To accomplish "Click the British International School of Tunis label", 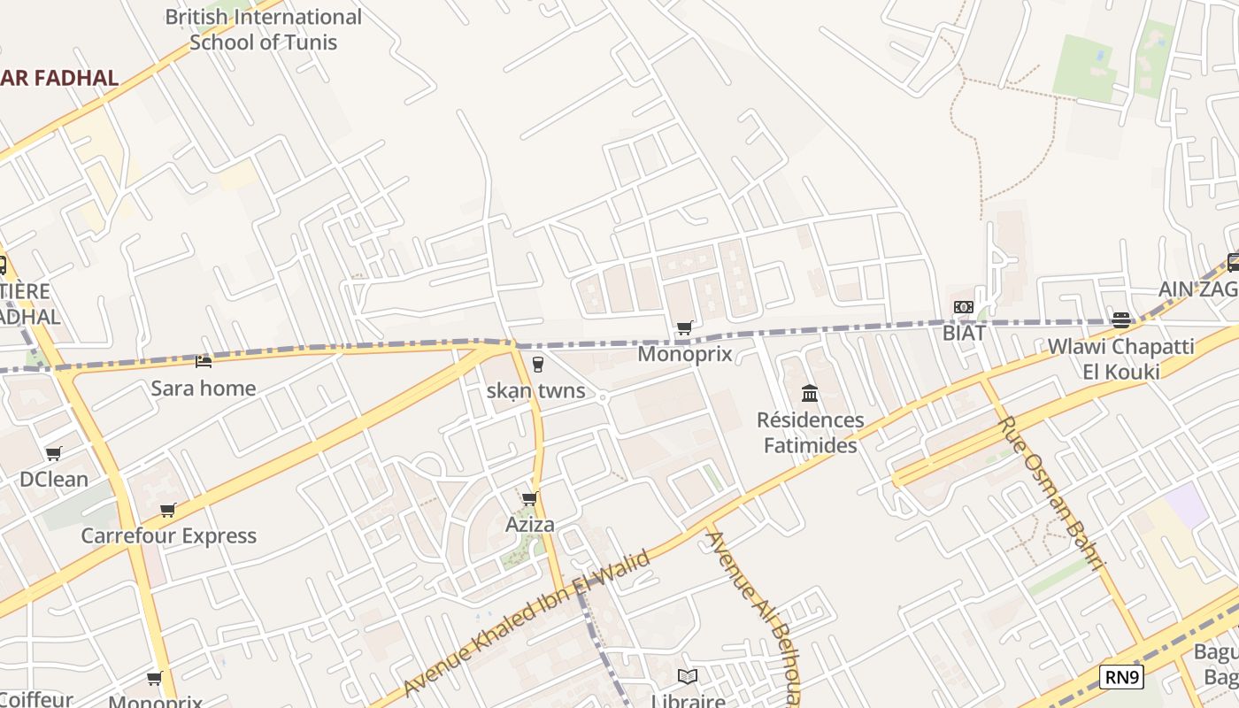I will point(264,29).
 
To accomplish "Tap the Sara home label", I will point(203,388).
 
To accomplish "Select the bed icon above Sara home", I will point(204,361).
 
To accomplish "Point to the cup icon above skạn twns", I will point(537,364).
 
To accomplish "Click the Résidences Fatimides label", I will point(811,432).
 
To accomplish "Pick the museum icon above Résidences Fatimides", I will point(810,393).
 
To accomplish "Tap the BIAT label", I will point(964,333).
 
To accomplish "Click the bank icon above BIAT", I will point(964,307).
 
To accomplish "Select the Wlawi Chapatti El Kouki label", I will point(1120,358).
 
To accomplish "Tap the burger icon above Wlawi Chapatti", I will point(1121,320).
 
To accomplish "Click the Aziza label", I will point(529,524).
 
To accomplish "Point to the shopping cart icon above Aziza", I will point(530,499).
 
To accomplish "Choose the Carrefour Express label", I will point(168,535).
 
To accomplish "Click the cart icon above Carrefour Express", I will point(168,510).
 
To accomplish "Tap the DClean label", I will point(54,479).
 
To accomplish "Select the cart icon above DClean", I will point(54,454).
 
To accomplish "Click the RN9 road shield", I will point(1121,678).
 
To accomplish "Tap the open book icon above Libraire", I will point(688,676).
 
